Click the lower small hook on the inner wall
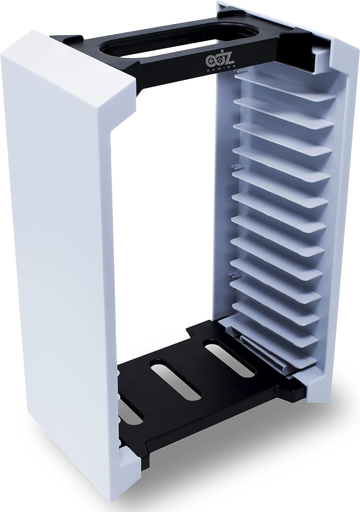233,275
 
